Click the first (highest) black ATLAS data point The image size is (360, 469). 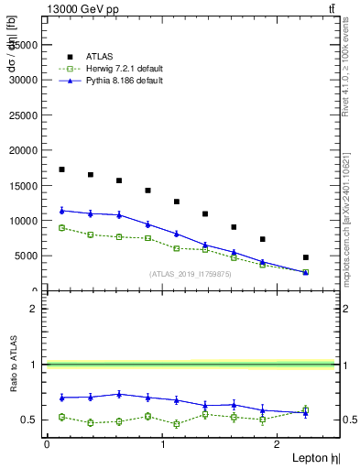coord(61,169)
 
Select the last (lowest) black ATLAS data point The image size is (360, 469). coord(306,257)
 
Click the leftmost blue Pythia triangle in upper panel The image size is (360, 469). coord(61,210)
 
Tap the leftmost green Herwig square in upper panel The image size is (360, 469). coord(61,228)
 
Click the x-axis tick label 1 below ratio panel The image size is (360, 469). coord(163,443)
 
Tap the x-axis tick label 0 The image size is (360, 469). coord(47,443)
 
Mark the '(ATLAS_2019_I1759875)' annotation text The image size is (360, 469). coord(191,274)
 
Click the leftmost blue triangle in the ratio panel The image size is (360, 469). coord(61,397)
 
